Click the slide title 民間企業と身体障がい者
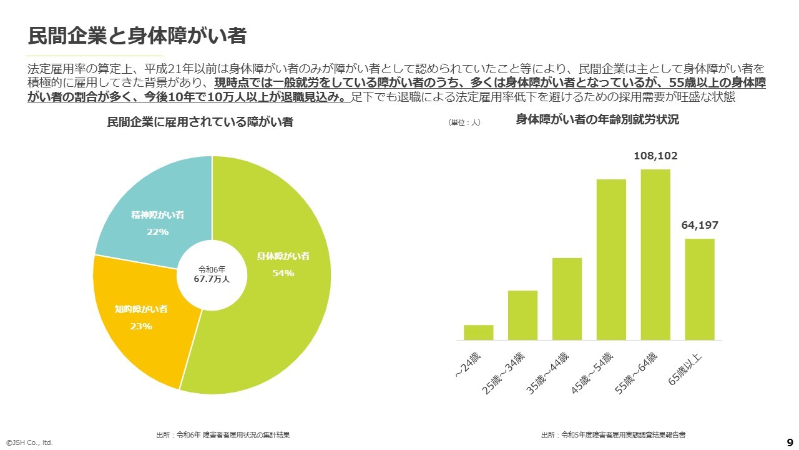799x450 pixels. click(137, 36)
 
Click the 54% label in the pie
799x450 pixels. click(283, 273)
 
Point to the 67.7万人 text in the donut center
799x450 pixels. click(212, 279)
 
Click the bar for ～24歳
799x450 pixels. click(478, 332)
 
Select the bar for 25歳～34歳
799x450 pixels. click(522, 315)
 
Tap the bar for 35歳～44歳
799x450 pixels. click(567, 299)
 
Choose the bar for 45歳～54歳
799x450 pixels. click(611, 259)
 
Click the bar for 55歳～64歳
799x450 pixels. click(655, 254)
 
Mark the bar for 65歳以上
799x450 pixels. click(700, 289)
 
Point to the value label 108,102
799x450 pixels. click(655, 156)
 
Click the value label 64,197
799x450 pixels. click(700, 226)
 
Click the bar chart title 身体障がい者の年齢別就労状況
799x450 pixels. click(597, 120)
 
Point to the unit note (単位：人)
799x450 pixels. click(464, 122)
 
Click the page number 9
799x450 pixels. click(790, 440)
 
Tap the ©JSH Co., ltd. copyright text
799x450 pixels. click(29, 442)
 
